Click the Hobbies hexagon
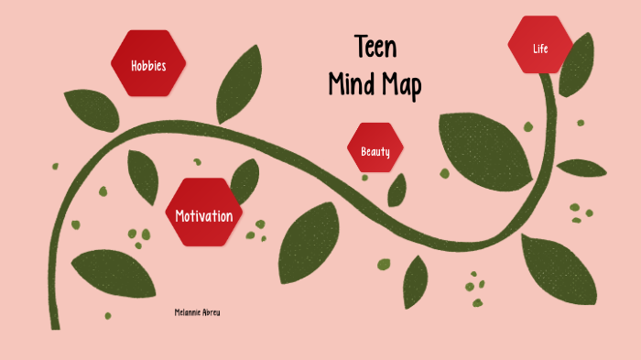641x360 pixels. (x=148, y=63)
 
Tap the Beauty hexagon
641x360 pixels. (x=375, y=148)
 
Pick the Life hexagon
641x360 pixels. (x=540, y=46)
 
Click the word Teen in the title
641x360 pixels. (x=375, y=48)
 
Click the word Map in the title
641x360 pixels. (x=403, y=85)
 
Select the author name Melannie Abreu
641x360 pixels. (x=197, y=312)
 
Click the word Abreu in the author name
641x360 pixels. (x=211, y=312)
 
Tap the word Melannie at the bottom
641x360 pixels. (x=186, y=312)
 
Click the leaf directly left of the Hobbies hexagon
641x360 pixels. (x=92, y=109)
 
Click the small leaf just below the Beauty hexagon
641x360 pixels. (x=397, y=190)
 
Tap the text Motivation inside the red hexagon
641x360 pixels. (x=203, y=216)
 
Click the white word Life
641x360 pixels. (x=540, y=49)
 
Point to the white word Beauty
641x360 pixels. (x=375, y=151)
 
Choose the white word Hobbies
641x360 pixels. (x=148, y=66)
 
